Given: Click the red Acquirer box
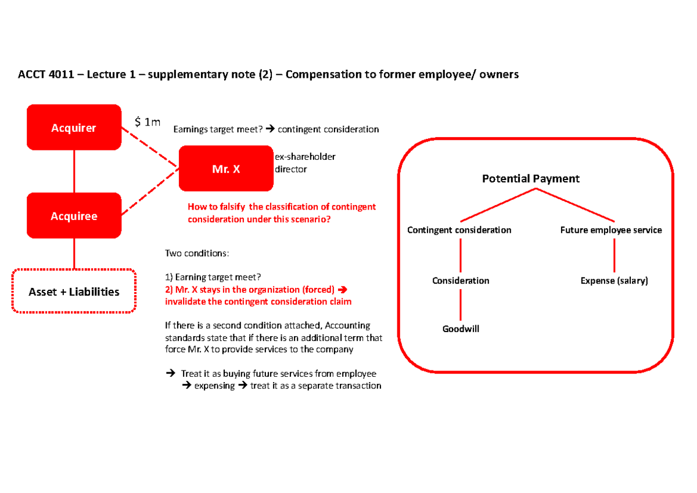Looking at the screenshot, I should click(74, 128).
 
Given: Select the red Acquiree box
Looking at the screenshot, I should click(74, 216).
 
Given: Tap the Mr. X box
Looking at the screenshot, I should click(226, 169).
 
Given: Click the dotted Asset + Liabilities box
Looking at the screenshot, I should click(74, 292).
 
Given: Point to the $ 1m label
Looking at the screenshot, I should click(147, 122).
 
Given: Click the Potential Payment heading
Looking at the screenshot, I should click(531, 179).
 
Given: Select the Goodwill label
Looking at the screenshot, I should click(461, 329).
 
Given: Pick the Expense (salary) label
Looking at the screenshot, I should click(614, 280).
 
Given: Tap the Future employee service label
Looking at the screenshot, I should click(610, 230).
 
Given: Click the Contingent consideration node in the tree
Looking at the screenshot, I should click(459, 230).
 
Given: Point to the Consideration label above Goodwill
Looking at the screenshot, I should click(461, 280).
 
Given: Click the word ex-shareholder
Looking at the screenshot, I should click(305, 157).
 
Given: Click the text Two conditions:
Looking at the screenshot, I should click(197, 254).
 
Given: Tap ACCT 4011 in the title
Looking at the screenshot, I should click(41, 74).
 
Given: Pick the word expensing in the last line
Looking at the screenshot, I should click(214, 386).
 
